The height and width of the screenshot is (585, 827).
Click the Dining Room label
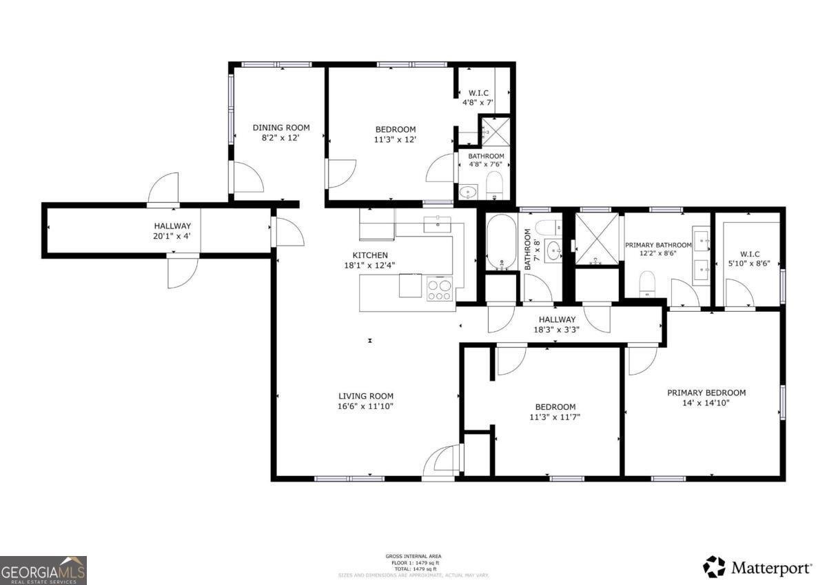280,128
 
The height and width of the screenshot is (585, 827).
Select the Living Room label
365,396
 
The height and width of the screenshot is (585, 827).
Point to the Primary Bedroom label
706,393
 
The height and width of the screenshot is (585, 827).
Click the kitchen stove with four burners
440,288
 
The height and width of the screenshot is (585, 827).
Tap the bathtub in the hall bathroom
501,243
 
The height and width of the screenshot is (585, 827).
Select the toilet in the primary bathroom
646,284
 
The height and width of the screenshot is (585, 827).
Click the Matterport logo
757,567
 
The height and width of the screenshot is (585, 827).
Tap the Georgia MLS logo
43,570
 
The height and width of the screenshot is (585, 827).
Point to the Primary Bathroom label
658,245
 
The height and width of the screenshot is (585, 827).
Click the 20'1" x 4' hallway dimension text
172,236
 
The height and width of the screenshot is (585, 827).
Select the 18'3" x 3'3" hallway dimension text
557,330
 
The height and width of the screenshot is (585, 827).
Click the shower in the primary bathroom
597,239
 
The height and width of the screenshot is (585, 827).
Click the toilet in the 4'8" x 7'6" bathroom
494,185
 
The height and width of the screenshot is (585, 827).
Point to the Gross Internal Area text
413,556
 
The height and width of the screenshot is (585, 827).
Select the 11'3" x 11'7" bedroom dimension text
555,417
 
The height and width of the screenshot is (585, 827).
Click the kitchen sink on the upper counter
437,224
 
